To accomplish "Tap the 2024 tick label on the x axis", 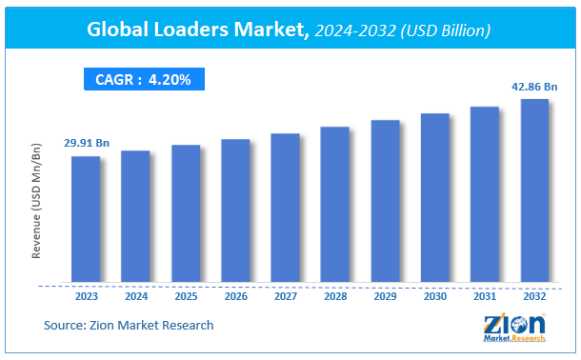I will coord(136,296).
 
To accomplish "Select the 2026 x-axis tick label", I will coord(235,296).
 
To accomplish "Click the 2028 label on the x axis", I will coord(335,296).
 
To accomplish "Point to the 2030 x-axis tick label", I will coord(434,296).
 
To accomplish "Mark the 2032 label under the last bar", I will coord(534,296).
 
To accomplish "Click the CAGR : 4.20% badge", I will coord(142,80).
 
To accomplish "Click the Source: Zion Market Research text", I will coord(129,326).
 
